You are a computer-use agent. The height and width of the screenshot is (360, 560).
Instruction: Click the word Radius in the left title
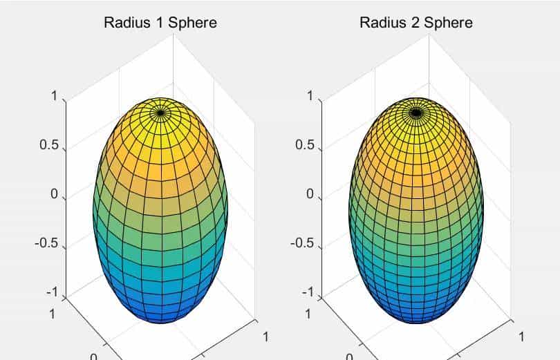tap(124, 22)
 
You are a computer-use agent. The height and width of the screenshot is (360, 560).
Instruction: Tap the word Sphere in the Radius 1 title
tap(192, 22)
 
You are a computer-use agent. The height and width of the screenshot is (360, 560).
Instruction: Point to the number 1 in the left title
tap(158, 22)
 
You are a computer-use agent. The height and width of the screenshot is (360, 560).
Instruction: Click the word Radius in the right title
tap(380, 22)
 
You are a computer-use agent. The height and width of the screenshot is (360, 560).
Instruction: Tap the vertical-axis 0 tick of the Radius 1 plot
tap(54, 195)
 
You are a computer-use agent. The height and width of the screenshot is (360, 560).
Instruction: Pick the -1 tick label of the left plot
tap(52, 292)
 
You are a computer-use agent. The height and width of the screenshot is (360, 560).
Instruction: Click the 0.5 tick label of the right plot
tap(305, 146)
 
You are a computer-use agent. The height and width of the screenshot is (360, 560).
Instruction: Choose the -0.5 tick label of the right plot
tap(303, 243)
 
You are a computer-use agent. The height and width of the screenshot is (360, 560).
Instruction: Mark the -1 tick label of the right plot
tap(306, 292)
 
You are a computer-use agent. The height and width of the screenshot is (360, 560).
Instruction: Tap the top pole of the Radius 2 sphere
tap(416, 111)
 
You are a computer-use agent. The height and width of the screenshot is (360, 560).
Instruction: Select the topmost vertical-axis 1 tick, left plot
tap(54, 97)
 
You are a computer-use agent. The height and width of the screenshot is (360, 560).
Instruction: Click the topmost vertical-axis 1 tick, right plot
tap(310, 97)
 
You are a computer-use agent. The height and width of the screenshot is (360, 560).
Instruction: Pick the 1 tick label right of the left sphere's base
tap(265, 337)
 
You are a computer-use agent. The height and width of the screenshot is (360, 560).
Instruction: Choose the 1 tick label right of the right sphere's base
tap(521, 337)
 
